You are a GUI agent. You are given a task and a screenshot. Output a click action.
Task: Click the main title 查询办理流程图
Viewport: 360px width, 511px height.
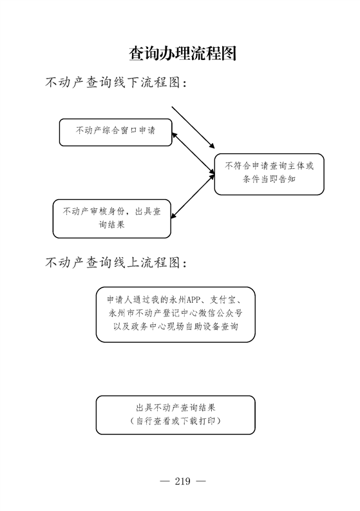182,53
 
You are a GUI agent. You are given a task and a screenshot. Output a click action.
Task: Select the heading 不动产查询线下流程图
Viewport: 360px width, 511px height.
116,82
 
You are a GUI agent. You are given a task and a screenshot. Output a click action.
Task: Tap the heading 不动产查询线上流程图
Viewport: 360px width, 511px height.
116,262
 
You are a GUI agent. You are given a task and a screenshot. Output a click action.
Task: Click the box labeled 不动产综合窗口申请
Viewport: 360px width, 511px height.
116,132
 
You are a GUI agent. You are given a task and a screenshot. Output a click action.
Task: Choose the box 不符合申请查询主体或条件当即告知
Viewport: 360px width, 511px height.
269,175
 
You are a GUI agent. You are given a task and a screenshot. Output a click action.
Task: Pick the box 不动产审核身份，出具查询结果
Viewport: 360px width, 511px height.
112,218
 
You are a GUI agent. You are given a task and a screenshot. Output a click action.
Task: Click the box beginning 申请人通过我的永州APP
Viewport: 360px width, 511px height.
176,314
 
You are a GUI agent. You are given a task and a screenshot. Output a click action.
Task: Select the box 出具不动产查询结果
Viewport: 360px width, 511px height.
176,415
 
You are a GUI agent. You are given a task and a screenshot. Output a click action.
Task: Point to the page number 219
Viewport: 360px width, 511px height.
182,481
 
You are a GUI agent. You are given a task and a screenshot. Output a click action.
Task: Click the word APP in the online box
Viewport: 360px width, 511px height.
193,300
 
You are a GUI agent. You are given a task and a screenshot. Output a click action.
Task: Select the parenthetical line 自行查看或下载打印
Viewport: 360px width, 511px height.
176,421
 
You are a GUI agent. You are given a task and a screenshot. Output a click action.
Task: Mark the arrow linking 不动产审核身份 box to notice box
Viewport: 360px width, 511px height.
193,197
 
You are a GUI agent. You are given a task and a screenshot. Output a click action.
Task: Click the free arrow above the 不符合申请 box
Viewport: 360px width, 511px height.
193,128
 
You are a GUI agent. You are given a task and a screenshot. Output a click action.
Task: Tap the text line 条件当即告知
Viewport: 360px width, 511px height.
269,179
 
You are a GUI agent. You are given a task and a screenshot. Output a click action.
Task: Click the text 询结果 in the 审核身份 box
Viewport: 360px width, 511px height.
112,224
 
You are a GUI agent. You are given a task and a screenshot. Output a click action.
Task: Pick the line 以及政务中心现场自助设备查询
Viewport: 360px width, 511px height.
176,327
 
